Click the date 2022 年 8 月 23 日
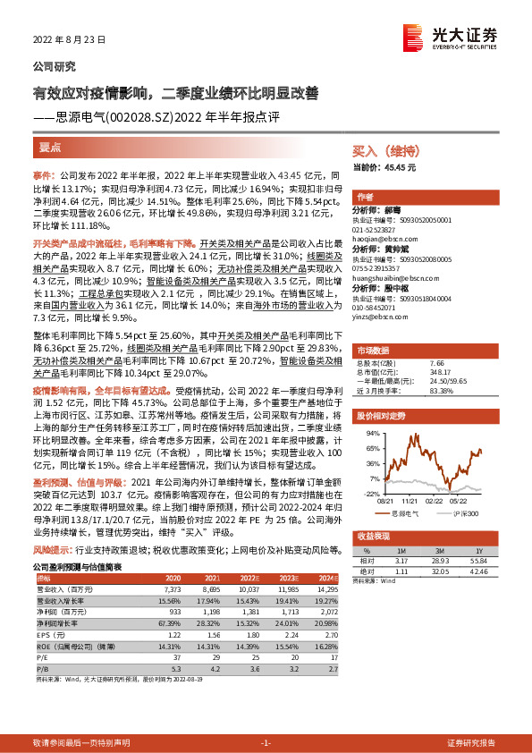coord(70,40)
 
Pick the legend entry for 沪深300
coord(463,513)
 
